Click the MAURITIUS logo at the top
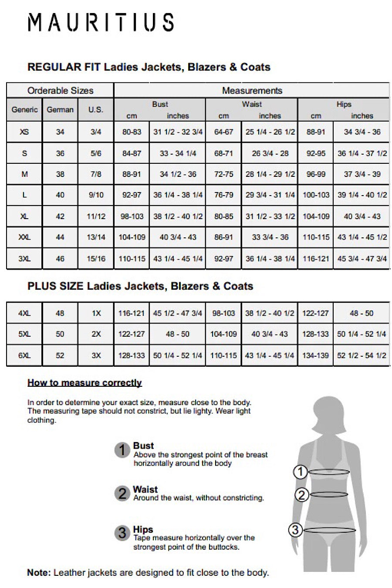click(x=101, y=22)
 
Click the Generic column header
click(x=24, y=110)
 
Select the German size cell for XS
click(x=60, y=132)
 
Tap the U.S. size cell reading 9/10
click(x=96, y=195)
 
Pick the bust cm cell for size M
click(x=132, y=174)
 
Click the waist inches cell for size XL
click(x=270, y=216)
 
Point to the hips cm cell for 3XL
click(x=316, y=259)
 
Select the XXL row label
click(x=24, y=237)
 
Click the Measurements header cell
click(x=252, y=91)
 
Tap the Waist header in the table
click(x=252, y=104)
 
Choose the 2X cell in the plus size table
click(x=96, y=334)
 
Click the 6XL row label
click(x=24, y=355)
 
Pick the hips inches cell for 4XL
click(x=362, y=313)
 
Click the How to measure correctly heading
click(x=84, y=383)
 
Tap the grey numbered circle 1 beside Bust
click(x=122, y=450)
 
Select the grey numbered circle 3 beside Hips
click(x=122, y=533)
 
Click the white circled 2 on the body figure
click(x=301, y=494)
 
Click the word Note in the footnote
click(x=39, y=573)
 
